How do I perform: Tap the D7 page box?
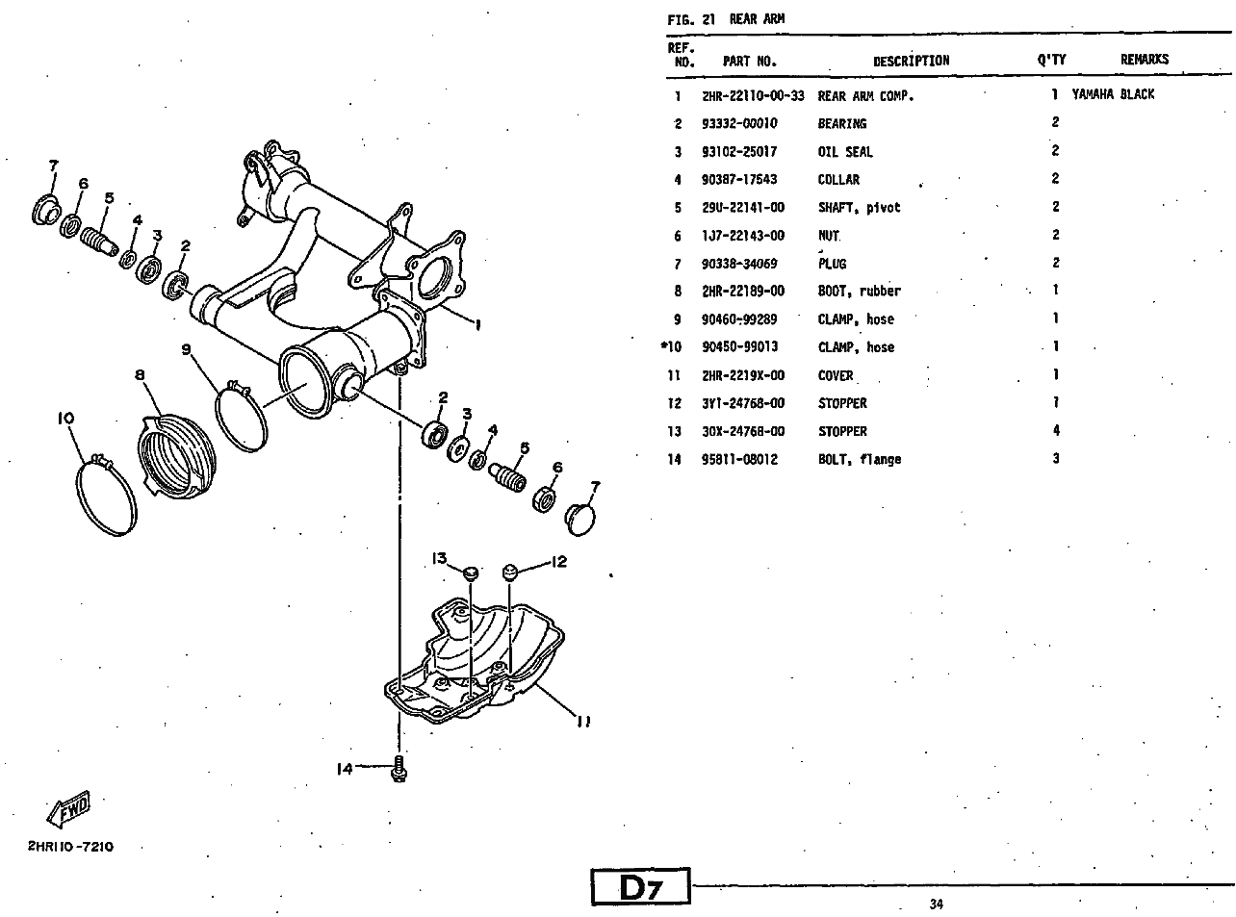point(640,887)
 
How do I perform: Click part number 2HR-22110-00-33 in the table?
point(753,95)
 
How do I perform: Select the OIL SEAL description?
point(845,152)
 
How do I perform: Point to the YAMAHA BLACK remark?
point(1113,94)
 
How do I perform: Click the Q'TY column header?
point(1051,60)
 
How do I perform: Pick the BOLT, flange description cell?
point(860,460)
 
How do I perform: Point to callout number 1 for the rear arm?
point(478,324)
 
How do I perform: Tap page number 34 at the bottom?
point(937,904)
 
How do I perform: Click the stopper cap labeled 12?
point(510,572)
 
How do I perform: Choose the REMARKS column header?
point(1144,60)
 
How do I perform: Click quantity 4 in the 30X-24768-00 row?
point(1056,431)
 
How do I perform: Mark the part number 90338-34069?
point(739,264)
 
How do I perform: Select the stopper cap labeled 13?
point(471,573)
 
